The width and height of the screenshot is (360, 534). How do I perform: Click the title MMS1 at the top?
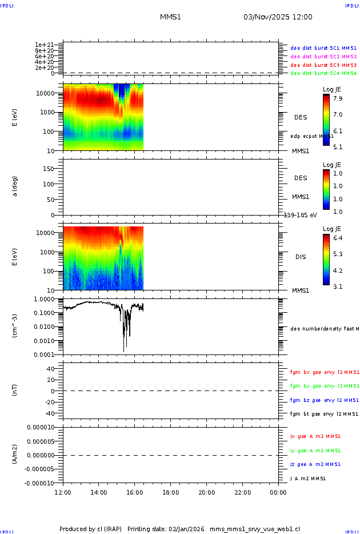pyautogui.click(x=170, y=17)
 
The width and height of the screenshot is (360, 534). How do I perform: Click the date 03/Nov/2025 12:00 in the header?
pyautogui.click(x=278, y=17)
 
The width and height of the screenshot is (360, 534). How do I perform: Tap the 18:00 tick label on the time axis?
pyautogui.click(x=171, y=492)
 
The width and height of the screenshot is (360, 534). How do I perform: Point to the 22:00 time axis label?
pyautogui.click(x=242, y=492)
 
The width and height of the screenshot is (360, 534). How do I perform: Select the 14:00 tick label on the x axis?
pyautogui.click(x=99, y=492)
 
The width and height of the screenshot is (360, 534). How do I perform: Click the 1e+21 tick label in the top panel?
pyautogui.click(x=44, y=45)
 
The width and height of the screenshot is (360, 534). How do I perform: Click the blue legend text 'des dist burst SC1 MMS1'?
pyautogui.click(x=323, y=49)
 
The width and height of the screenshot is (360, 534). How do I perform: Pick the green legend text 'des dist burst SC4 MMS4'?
pyautogui.click(x=323, y=73)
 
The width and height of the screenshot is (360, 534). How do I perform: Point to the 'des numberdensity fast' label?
pyautogui.click(x=324, y=329)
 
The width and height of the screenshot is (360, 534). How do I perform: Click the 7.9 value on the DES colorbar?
pyautogui.click(x=338, y=98)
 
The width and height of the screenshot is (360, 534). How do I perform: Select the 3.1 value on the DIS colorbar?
pyautogui.click(x=338, y=286)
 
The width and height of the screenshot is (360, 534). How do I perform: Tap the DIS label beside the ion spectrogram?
pyautogui.click(x=301, y=257)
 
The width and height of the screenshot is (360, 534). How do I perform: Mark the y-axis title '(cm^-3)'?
pyautogui.click(x=15, y=326)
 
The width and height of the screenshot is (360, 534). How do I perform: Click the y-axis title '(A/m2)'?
pyautogui.click(x=15, y=455)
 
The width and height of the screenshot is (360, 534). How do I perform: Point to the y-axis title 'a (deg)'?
pyautogui.click(x=15, y=186)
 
